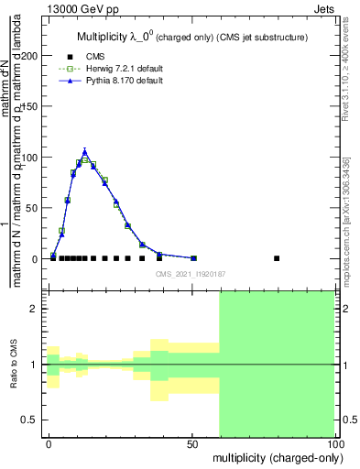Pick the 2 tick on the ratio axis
pyautogui.click(x=36, y=310)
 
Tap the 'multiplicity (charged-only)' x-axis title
pyautogui.click(x=274, y=456)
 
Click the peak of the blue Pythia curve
pyautogui.click(x=84, y=151)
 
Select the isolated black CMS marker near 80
pyautogui.click(x=277, y=258)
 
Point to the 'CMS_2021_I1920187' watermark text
pyautogui.click(x=191, y=272)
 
